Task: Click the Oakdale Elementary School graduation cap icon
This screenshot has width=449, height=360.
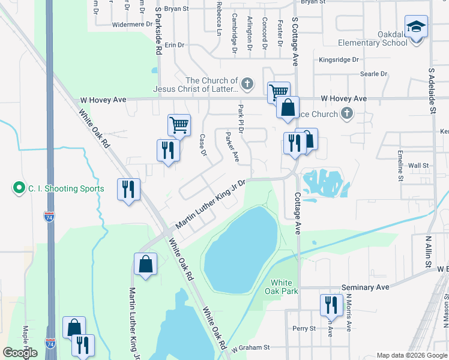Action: (416, 27)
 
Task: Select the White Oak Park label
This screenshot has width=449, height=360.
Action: (281, 287)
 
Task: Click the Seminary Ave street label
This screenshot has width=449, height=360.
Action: (366, 287)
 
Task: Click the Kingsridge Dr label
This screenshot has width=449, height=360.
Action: (339, 60)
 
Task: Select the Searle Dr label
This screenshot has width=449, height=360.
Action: (373, 74)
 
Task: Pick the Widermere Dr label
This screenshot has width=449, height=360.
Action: (133, 25)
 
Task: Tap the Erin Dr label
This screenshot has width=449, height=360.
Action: (173, 45)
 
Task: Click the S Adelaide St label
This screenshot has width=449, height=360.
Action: (432, 90)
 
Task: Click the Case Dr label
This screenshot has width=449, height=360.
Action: (203, 144)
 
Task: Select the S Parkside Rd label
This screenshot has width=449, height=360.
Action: (158, 31)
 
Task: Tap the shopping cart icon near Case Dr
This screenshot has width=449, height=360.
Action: (179, 125)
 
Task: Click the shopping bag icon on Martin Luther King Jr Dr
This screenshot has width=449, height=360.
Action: (145, 264)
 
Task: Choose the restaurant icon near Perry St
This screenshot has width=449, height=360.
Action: (331, 305)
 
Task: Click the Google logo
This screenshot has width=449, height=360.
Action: (20, 353)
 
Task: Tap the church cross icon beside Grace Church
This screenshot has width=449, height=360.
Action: (346, 113)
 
